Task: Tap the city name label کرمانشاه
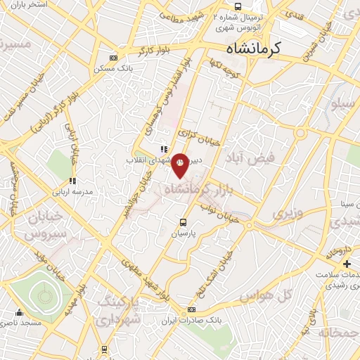point(254,49)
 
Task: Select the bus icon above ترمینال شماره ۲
point(237,6)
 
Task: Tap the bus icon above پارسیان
point(184,222)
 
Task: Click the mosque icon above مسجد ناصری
point(19,314)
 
